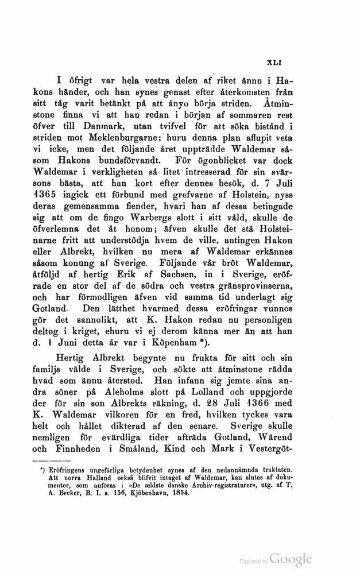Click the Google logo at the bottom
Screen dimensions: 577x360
(x=291, y=559)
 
